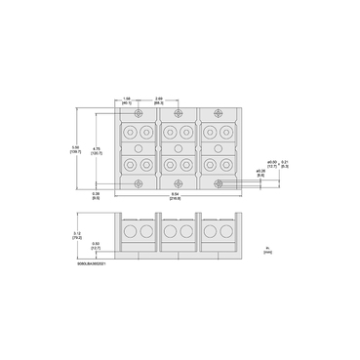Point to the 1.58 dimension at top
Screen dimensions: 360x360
pyautogui.click(x=128, y=100)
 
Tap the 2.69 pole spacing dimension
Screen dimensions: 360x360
pyautogui.click(x=159, y=100)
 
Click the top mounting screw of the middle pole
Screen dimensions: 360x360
pyautogui.click(x=180, y=112)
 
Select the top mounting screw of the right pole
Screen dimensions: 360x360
pyautogui.click(x=220, y=112)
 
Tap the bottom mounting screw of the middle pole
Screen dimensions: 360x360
pyautogui.click(x=180, y=182)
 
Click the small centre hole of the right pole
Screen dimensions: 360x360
pyautogui.click(x=220, y=147)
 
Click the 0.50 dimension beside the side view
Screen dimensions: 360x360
pyautogui.click(x=96, y=245)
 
